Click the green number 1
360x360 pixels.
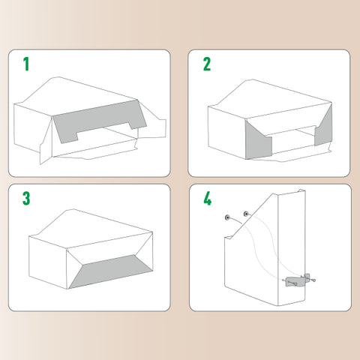coord(26,64)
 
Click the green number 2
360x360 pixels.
coord(207,64)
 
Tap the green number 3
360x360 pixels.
coord(26,198)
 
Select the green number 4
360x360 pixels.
coord(208,199)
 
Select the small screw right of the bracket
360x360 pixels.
coord(313,280)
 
